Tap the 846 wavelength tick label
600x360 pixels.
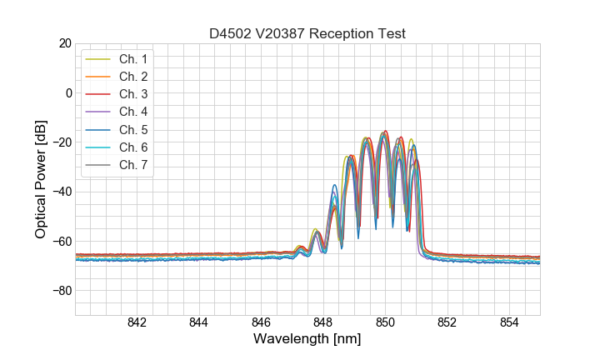point(261,323)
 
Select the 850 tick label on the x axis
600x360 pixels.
point(385,323)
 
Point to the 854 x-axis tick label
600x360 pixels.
point(509,323)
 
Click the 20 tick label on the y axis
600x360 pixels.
point(63,43)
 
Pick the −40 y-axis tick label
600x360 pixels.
point(60,192)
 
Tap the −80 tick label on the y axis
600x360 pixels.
point(60,291)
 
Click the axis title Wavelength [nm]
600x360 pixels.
point(307,340)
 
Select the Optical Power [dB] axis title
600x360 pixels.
point(41,179)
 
